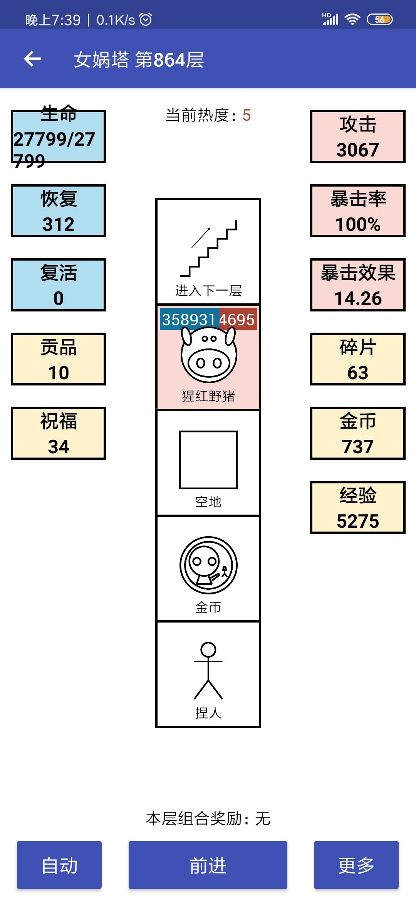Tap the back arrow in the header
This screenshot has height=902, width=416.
(32, 59)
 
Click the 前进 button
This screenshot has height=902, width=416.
(208, 865)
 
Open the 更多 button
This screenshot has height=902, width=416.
(356, 865)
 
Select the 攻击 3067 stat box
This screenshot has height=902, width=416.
(357, 136)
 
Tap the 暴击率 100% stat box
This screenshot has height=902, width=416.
(357, 211)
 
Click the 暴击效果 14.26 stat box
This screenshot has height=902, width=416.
(357, 285)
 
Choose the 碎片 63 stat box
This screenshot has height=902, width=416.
(357, 359)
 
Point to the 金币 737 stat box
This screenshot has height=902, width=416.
(357, 433)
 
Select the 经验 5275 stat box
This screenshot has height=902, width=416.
(357, 508)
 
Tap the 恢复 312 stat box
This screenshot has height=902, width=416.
(58, 211)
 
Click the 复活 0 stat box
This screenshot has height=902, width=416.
(58, 285)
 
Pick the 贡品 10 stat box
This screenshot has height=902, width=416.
(58, 359)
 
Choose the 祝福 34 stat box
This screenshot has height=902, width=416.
(58, 433)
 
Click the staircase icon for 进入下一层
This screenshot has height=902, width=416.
(209, 249)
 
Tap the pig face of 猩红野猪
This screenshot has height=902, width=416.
(209, 355)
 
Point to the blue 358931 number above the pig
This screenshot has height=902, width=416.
(189, 320)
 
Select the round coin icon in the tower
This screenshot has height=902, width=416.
(208, 565)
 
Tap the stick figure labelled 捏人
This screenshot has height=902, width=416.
(208, 671)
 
